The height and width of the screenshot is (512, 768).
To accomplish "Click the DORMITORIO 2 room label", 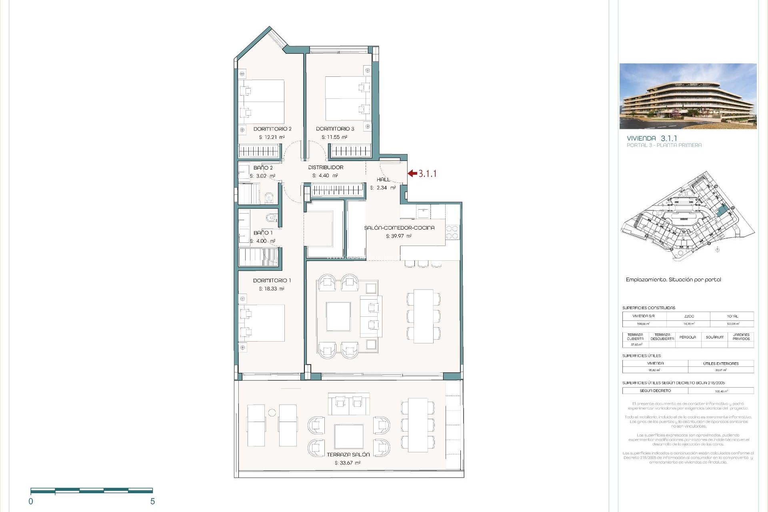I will [x=272, y=129].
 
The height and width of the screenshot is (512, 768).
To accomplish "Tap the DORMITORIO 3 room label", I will [x=335, y=129].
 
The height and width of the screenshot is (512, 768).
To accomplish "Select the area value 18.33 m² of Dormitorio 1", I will [x=272, y=289].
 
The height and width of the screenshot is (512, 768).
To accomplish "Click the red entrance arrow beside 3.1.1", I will [x=412, y=173].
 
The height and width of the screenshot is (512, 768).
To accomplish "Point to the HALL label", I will [x=383, y=180].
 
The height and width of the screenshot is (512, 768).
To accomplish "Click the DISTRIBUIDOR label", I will [x=326, y=167].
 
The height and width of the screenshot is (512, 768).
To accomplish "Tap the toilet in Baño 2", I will [x=269, y=197].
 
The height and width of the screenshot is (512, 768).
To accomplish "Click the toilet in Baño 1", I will [x=271, y=218].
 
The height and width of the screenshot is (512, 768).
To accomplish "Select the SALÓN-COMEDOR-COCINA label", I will [x=399, y=228].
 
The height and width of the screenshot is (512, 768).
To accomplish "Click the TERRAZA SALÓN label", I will [x=348, y=454].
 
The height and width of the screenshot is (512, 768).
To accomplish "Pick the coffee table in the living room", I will [x=338, y=316].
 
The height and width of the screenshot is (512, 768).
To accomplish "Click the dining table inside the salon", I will [x=424, y=316].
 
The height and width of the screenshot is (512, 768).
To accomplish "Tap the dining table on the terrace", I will [x=418, y=425].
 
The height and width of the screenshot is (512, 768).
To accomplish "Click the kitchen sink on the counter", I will [x=423, y=212].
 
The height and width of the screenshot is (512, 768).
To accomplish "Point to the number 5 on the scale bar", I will [x=152, y=501].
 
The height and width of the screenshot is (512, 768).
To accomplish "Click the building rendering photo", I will [x=688, y=96].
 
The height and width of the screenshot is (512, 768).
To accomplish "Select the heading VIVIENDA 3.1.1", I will [x=652, y=138].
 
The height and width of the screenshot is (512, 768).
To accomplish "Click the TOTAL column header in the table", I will [x=732, y=316].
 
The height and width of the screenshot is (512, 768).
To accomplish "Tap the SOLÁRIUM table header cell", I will [x=714, y=337].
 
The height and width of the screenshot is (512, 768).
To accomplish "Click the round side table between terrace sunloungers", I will [x=272, y=412].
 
